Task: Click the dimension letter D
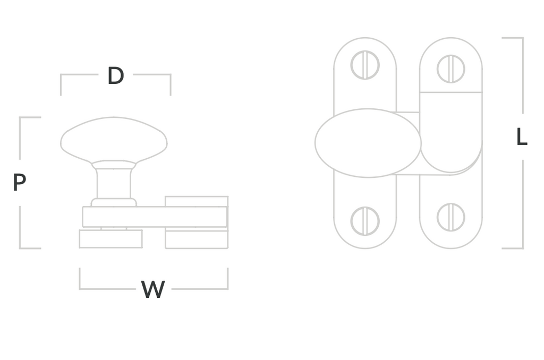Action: click(115, 75)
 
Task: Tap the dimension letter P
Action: click(20, 182)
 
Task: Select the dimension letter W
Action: click(152, 289)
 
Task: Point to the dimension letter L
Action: click(522, 136)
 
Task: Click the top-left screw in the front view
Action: click(365, 65)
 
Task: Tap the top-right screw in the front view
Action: click(450, 68)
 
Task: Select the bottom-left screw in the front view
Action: click(365, 221)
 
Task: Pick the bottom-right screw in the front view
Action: click(450, 217)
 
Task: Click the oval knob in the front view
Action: click(368, 143)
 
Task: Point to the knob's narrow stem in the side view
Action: click(114, 183)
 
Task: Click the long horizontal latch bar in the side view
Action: click(155, 217)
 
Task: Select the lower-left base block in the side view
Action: click(110, 238)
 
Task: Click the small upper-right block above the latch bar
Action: click(197, 201)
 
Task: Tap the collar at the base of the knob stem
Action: click(114, 202)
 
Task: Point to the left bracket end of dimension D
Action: click(61, 84)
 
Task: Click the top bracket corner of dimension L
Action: click(523, 38)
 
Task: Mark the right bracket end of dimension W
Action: click(227, 278)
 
